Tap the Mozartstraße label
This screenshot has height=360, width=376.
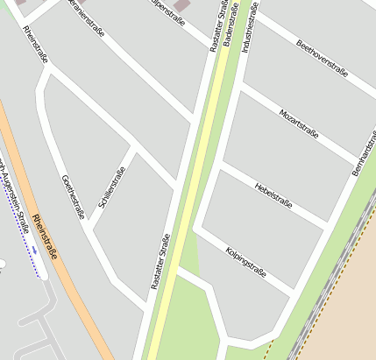(x=298, y=124)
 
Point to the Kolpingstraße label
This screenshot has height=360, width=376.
(x=245, y=260)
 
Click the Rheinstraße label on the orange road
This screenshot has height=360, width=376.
(x=44, y=236)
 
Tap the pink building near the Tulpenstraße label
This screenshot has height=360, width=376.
(x=181, y=5)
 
